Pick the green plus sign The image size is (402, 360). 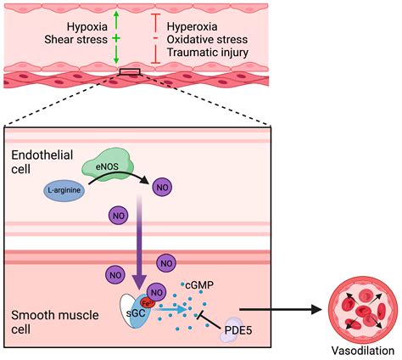(116, 39)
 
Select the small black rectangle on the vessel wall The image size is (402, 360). (130, 72)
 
